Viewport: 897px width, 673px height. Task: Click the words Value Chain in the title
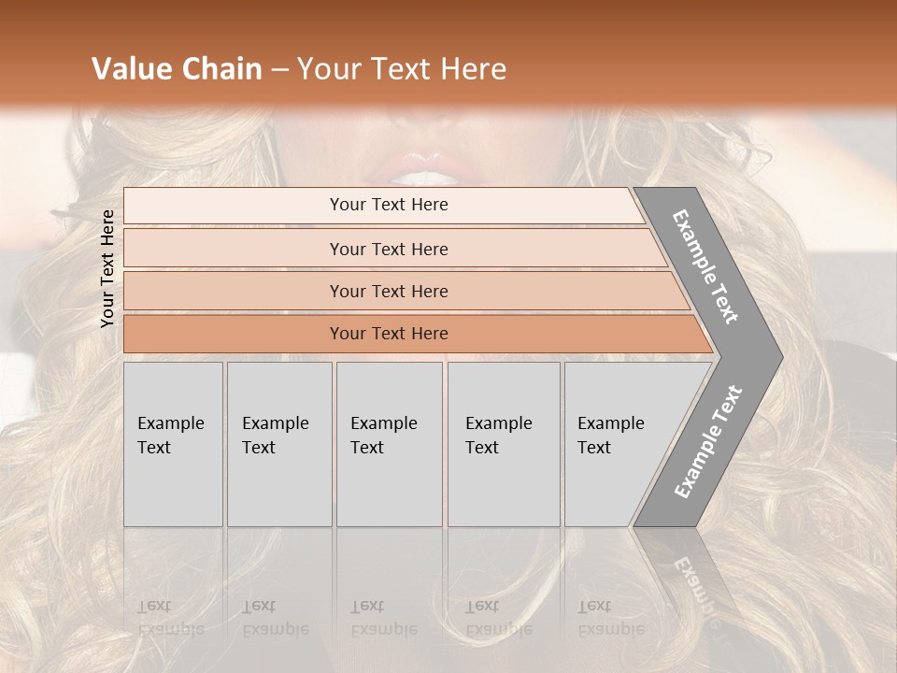point(177,69)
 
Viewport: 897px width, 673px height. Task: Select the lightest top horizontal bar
point(234,206)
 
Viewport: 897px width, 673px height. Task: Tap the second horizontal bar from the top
point(234,249)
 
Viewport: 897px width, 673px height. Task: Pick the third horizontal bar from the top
point(234,292)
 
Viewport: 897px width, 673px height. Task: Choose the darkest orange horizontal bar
point(234,334)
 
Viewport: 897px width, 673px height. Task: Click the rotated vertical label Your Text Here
point(107,268)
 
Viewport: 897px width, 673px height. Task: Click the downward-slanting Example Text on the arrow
point(705,266)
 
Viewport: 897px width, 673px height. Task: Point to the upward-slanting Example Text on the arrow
point(708,441)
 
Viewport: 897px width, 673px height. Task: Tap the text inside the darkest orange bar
point(389,334)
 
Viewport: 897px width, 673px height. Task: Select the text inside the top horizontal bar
point(389,205)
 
